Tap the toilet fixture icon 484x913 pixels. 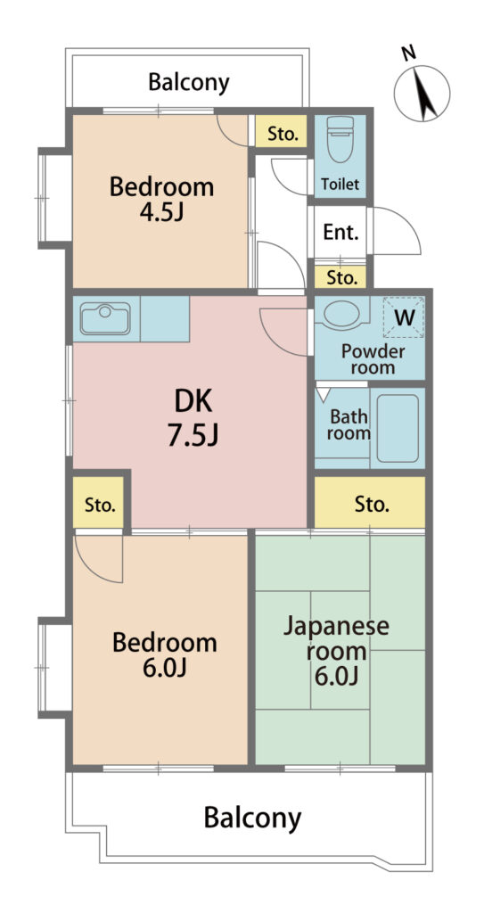point(340,138)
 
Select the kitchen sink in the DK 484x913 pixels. point(105,318)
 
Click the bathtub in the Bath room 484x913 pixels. point(398,428)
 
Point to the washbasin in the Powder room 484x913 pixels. point(342,314)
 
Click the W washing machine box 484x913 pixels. point(403,317)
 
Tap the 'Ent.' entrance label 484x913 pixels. point(340,233)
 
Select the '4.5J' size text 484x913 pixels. point(161,212)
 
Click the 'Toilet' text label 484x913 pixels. point(340,185)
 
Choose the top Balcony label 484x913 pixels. point(189,83)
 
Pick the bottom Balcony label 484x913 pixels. point(253,818)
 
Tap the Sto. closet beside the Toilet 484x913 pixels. point(282,131)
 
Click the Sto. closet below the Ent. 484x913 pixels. point(340,277)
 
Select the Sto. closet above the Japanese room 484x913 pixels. point(370,503)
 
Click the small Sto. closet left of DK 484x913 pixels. point(99,503)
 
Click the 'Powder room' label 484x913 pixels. point(373,359)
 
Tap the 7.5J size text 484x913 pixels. point(193,435)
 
